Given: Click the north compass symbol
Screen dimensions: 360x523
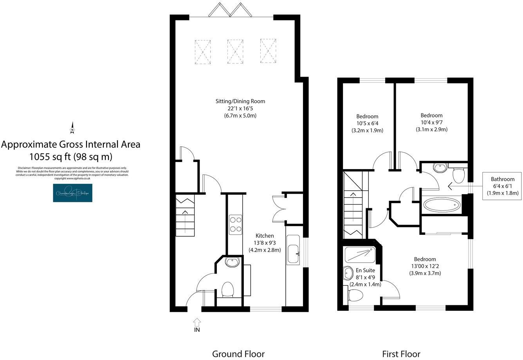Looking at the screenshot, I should (x=72, y=128).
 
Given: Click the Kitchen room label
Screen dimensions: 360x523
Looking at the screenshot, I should (x=265, y=243).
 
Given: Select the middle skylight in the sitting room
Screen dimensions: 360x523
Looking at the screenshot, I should (x=235, y=51).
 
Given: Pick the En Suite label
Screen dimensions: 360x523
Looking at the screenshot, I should (x=365, y=270).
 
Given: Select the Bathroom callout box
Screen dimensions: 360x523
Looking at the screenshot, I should (x=502, y=186).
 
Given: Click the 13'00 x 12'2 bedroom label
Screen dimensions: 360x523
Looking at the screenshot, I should (x=425, y=266).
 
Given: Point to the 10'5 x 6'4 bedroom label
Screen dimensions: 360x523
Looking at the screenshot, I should (x=367, y=123).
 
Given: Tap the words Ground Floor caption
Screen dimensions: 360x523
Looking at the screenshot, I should (x=238, y=354).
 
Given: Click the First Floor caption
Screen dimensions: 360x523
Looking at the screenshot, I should (x=401, y=354).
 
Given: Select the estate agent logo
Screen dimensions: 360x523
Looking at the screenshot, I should (x=72, y=193).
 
